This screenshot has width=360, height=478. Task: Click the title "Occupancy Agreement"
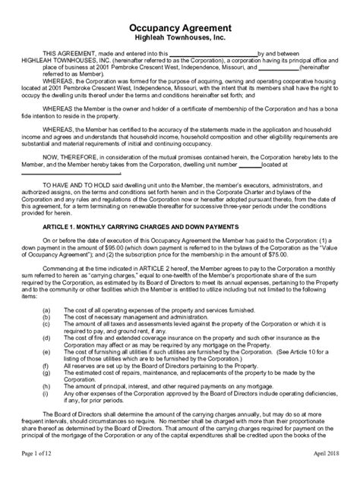click(x=180, y=25)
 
